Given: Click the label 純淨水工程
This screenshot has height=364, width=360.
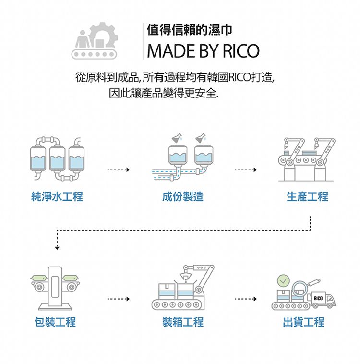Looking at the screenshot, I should pos(57,196).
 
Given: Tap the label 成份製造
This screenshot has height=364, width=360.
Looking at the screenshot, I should pos(182,196).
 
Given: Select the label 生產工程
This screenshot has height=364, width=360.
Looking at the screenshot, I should pos(308,196).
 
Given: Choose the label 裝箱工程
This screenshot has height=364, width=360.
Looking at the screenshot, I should pos(183,322).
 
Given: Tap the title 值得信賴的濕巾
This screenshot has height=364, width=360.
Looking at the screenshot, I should pos(190,30).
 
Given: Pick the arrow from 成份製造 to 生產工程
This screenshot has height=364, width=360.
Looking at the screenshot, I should pos(246,170).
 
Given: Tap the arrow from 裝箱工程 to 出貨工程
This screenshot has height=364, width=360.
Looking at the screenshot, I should pos(246,299).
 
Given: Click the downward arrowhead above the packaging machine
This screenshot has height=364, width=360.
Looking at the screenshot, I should pos(57,247).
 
